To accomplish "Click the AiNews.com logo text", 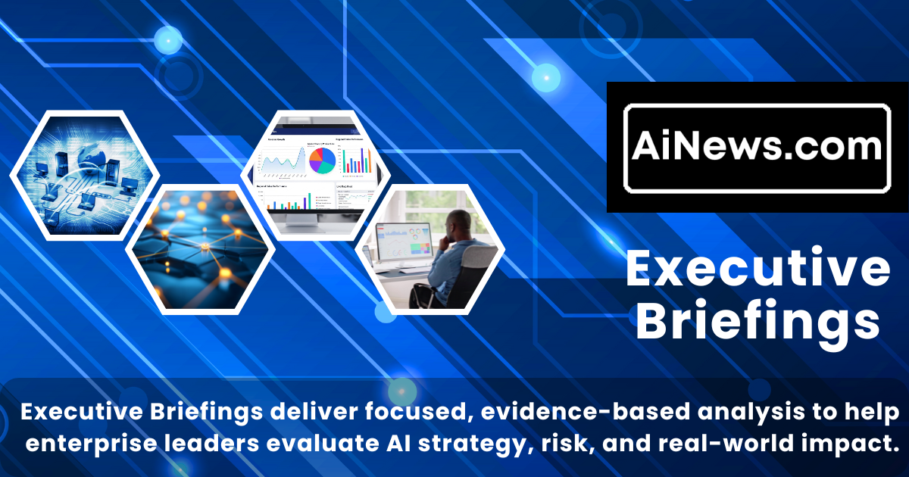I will click(757, 146).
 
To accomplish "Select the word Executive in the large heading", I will click(757, 270).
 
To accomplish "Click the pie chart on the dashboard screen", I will click(321, 159).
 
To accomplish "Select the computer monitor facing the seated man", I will click(406, 241).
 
